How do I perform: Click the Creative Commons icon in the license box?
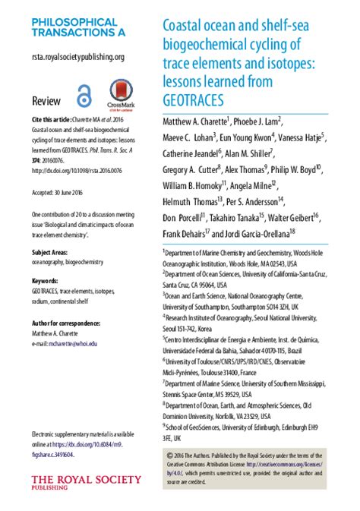[x=169, y=434]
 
